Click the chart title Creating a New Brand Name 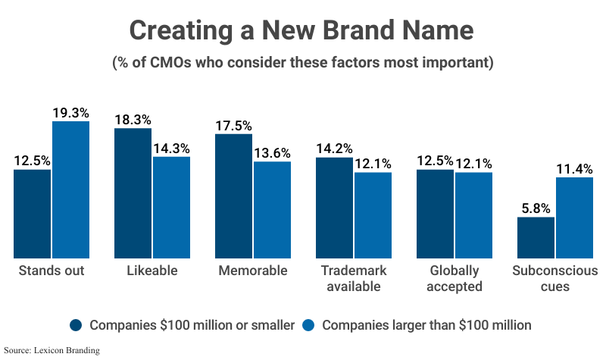coord(301,31)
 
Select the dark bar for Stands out coord(33,213)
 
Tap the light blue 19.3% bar coord(71,189)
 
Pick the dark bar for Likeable coord(133,193)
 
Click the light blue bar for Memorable coord(272,209)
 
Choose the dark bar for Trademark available coord(334,207)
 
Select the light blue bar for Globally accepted coord(473,214)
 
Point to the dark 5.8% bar coord(536,237)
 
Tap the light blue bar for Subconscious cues coord(574,218)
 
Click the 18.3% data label coord(133,120)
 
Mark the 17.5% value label coord(233,126)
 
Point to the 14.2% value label coord(334,149)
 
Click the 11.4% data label coord(574,169)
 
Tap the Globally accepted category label coord(454,278)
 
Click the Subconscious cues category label coord(555,278)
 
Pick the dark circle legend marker coord(76,325)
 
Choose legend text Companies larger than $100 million coord(426,325)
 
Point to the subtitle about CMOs coord(301,62)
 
